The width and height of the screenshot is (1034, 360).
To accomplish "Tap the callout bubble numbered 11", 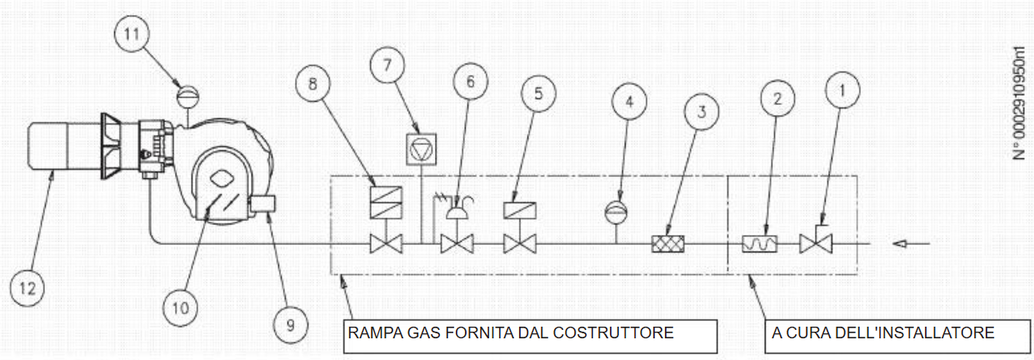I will click(137, 36).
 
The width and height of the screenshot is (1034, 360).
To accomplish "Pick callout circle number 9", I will click(290, 324).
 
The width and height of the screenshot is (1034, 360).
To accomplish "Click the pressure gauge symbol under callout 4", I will click(617, 209).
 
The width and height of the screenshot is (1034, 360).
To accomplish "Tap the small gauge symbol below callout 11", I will click(187, 92).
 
